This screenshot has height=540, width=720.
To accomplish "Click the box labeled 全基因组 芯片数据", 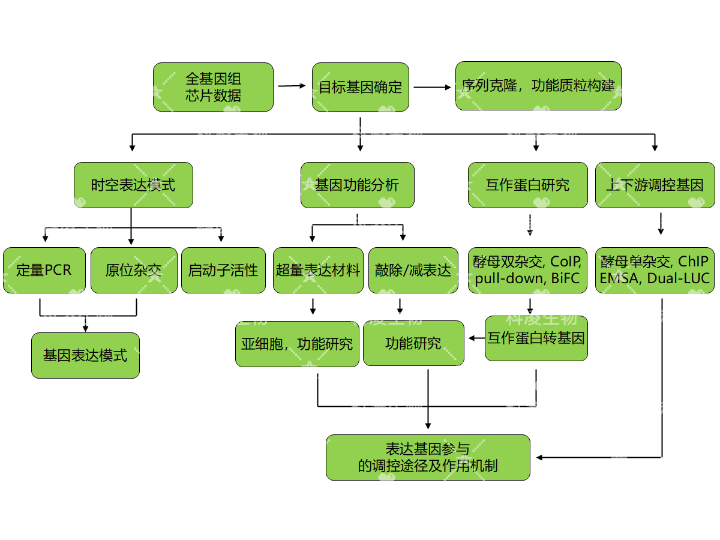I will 213,87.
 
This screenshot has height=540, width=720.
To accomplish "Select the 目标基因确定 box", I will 360,87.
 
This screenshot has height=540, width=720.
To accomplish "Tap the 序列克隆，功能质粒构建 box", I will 538,86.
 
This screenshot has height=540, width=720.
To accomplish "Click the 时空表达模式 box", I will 133,185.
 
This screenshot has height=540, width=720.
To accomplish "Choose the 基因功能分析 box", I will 357,185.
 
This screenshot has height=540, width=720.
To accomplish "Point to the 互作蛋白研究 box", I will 527,185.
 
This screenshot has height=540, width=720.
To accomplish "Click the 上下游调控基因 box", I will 655,185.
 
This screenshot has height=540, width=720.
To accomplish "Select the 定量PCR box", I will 44,270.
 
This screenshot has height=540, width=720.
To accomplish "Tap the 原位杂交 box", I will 134,270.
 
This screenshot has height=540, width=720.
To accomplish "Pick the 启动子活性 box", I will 223,270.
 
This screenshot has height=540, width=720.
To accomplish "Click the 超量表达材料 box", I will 318,270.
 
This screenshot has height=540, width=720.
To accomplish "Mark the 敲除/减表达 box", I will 413,270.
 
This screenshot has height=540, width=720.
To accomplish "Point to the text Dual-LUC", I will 679,279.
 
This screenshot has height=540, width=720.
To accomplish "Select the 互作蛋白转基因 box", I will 536,338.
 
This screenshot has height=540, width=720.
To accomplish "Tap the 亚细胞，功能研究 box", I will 297,343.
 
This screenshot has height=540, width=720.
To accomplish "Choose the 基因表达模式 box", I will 85,355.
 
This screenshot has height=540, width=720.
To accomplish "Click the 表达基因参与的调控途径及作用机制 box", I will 428,457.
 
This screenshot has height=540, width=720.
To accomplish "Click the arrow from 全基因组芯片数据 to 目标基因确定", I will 292,86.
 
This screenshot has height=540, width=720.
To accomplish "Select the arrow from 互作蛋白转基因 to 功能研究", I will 476,338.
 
